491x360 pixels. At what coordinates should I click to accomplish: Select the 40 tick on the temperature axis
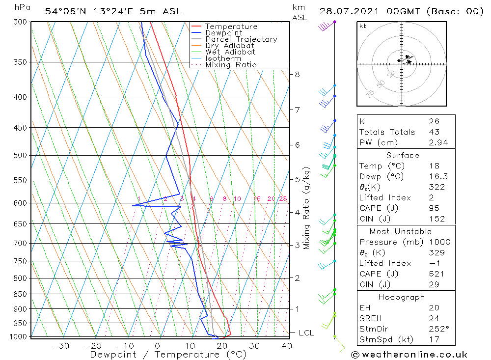point(287,346)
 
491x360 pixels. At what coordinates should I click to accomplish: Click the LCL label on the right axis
point(306,333)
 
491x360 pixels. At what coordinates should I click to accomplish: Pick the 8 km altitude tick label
point(297,75)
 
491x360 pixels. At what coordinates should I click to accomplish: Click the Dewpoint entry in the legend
point(223,33)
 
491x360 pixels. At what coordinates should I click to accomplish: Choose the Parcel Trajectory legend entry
point(241,39)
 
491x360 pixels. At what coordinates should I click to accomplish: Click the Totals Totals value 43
point(434,132)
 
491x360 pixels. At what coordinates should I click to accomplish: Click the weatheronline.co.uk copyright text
point(409,355)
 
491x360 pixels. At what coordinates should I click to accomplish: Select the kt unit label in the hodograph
point(362,26)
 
